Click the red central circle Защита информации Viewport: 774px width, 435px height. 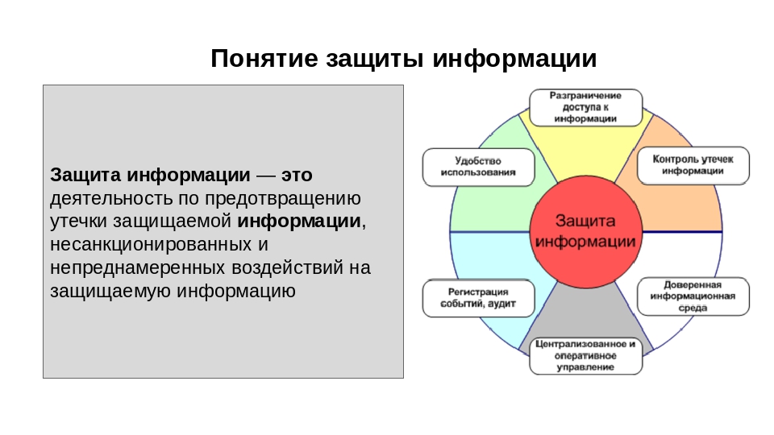(585, 231)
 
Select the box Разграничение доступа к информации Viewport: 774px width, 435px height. (585, 107)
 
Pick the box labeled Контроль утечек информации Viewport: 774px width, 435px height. (693, 165)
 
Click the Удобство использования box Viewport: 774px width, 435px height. (478, 167)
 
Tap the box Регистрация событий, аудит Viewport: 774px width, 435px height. (478, 298)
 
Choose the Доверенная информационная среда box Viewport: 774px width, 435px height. (693, 296)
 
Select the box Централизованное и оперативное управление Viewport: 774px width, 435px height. (585, 355)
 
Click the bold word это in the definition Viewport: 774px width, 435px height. (297, 175)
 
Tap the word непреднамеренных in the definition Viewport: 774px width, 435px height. (138, 268)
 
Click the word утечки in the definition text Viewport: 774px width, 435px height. (78, 222)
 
